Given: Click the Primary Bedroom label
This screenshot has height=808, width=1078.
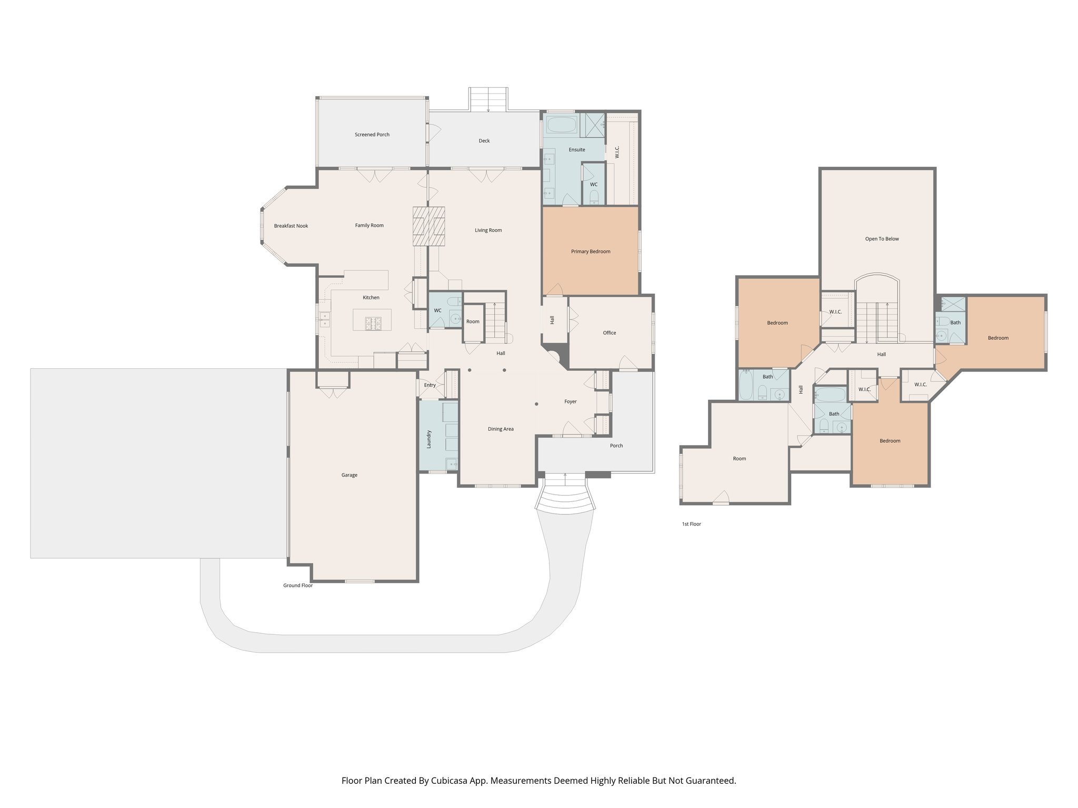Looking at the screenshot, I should [591, 251].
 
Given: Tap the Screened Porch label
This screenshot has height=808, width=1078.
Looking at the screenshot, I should [372, 135].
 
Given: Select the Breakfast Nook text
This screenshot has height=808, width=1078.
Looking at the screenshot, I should [291, 226].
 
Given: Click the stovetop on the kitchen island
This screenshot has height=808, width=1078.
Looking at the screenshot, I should [372, 322].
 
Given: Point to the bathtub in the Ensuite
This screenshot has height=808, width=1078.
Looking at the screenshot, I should [561, 125].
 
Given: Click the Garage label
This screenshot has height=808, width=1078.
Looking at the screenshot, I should [350, 475].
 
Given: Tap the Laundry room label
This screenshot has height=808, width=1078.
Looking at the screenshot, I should [429, 439].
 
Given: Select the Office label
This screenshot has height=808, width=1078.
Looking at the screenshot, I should [610, 333].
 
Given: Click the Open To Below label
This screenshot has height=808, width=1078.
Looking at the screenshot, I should [882, 239].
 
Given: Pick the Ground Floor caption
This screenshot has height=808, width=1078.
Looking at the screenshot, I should [298, 585].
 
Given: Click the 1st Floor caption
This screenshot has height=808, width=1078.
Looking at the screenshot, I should [692, 524].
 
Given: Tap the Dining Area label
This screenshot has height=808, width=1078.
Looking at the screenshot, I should [501, 429].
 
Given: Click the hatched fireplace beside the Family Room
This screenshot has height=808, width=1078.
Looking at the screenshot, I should [428, 226].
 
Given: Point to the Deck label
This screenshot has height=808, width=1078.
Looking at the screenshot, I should [484, 141].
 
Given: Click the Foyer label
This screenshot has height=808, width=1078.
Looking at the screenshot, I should [571, 402].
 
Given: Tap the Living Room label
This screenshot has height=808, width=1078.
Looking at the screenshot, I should [488, 230].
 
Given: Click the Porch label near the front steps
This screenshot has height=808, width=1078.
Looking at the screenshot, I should [616, 446].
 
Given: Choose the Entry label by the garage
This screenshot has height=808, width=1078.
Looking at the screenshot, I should [430, 385].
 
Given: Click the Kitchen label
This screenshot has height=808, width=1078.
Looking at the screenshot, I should [371, 298].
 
